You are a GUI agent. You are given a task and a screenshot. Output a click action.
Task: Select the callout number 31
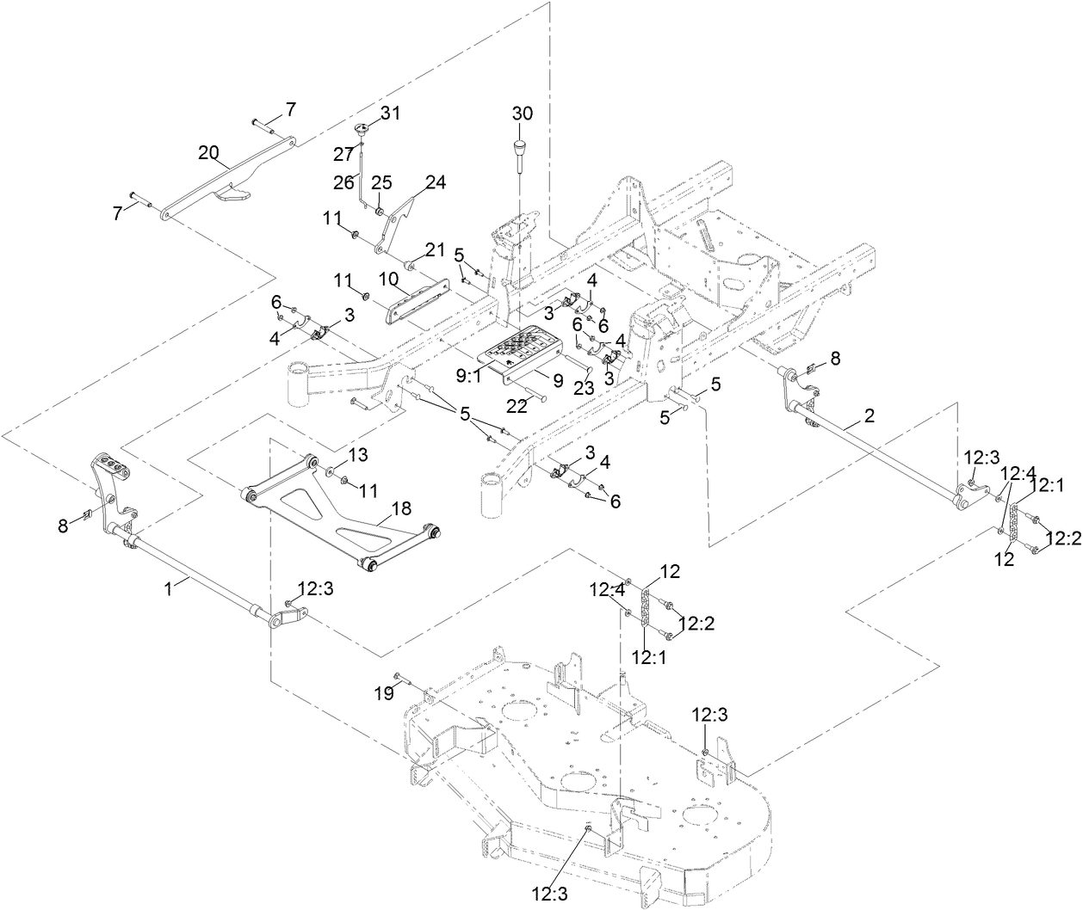391,114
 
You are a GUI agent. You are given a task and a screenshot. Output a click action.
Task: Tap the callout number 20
208,152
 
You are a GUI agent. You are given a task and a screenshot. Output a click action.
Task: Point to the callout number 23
583,388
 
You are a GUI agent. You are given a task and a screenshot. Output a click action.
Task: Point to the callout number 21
435,249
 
